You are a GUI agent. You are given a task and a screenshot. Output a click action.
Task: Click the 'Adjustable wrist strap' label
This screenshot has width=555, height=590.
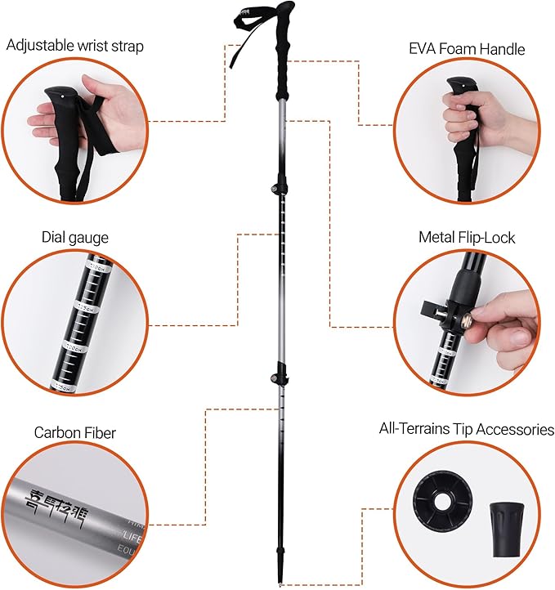[x=74, y=46]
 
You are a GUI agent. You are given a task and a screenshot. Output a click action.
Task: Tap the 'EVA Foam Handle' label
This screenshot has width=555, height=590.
[x=467, y=49]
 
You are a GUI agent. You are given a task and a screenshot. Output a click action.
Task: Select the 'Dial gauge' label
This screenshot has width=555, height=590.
[x=74, y=238]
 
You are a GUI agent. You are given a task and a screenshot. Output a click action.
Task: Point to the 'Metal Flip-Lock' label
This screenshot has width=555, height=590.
[x=467, y=238]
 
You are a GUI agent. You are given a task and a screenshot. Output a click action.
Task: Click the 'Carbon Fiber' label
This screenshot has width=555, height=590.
[x=74, y=431]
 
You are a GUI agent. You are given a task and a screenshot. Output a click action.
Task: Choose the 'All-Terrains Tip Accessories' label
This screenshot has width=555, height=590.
[x=467, y=429]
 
